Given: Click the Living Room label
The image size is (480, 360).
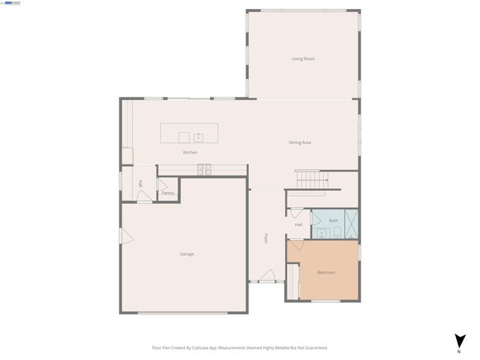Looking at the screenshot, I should tap(303, 58).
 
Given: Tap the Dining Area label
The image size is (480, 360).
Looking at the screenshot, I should tap(300, 142).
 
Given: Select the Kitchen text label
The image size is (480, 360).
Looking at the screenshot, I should tap(190, 153).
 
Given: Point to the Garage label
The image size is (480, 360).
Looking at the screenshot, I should tap(187, 254).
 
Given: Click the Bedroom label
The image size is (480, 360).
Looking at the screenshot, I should tap(326, 272).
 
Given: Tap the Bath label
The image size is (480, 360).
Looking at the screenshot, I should tap(334, 220).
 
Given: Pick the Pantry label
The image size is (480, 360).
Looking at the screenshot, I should tap(168, 193).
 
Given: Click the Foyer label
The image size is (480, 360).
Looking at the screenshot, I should tap(265, 239).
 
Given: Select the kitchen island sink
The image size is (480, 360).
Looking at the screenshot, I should tap(199, 137).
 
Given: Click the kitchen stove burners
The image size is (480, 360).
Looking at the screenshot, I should tap(205, 169).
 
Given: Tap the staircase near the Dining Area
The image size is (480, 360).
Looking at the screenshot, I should tap(312, 180).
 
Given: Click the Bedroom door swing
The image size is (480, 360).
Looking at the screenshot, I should tap(295, 245).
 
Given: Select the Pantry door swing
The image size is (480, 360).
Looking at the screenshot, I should tap(161, 184).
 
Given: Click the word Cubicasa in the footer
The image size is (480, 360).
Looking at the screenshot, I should tap(199, 348).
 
